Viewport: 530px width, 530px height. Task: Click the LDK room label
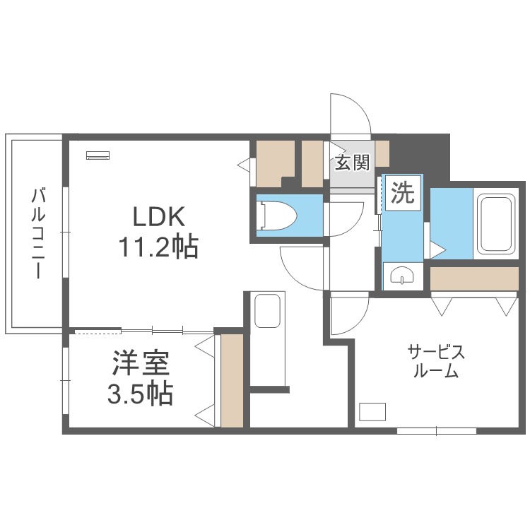(159, 216)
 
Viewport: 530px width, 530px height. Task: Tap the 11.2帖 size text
(158, 247)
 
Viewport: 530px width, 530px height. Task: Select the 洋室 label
(141, 364)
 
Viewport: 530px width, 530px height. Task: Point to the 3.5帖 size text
(141, 394)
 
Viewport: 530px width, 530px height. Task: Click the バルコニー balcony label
(38, 234)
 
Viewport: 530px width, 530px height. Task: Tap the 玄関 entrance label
(353, 163)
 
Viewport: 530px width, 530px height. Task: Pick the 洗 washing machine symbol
(403, 193)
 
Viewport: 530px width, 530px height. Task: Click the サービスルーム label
(436, 361)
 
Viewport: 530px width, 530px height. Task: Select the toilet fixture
(277, 216)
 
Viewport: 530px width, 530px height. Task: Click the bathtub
(496, 223)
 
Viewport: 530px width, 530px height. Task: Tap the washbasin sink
(402, 276)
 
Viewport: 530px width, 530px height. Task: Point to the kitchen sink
(267, 310)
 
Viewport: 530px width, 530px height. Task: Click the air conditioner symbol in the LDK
(98, 155)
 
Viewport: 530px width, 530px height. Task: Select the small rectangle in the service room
(372, 411)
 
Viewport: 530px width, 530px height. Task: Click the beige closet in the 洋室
(232, 381)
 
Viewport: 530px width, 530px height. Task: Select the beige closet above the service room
(474, 278)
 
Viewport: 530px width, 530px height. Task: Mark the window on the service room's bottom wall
(437, 431)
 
